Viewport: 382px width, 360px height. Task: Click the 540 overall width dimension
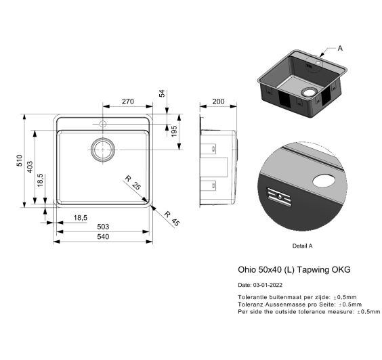(x=103, y=236)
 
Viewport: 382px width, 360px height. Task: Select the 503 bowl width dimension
(x=103, y=227)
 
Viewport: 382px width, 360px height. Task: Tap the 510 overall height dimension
(x=20, y=160)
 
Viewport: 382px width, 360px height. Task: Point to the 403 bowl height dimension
(x=30, y=166)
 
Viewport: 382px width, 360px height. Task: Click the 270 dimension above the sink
(x=127, y=102)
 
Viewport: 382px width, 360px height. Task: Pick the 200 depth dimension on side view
(x=218, y=102)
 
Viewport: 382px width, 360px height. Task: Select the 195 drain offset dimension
(x=173, y=131)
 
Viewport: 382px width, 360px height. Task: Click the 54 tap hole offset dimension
(x=162, y=93)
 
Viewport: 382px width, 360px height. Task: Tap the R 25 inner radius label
(x=133, y=183)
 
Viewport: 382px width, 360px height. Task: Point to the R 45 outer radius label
(x=172, y=219)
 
